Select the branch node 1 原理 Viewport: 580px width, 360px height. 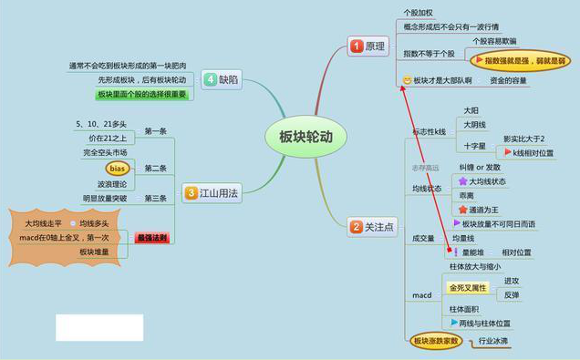(x=368, y=46)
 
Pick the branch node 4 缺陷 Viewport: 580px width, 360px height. (x=222, y=80)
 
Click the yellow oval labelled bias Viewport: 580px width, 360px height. (x=116, y=169)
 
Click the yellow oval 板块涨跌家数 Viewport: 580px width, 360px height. (x=435, y=341)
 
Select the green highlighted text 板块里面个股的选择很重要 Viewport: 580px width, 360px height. (x=141, y=95)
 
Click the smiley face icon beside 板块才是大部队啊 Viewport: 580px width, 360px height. (x=407, y=81)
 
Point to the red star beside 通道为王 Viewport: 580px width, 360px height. (x=463, y=209)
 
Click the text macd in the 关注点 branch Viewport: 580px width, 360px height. (x=421, y=295)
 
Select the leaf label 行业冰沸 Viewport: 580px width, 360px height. (x=493, y=341)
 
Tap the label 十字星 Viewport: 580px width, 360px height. (x=474, y=145)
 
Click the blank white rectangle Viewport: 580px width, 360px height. (x=98, y=327)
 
